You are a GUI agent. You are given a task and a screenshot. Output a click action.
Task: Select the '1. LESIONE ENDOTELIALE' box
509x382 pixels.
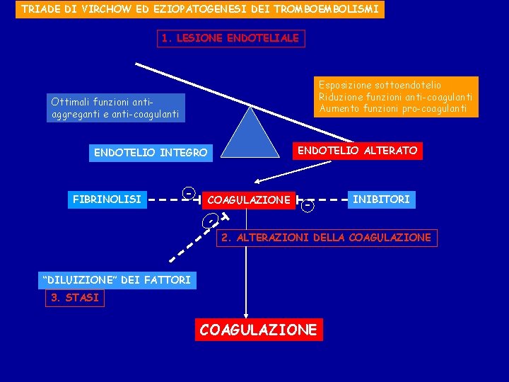230,38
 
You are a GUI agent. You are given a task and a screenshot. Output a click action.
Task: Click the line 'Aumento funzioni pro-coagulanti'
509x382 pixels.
392,108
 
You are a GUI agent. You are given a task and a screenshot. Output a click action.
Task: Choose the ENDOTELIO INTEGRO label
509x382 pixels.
151,153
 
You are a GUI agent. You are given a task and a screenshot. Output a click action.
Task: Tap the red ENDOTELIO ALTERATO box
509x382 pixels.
357,151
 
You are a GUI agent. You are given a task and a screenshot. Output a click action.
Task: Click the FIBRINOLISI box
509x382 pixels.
107,199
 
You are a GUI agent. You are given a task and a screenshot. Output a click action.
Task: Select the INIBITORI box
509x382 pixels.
381,199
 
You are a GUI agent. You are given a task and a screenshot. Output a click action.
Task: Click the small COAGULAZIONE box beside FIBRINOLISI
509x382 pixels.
248,200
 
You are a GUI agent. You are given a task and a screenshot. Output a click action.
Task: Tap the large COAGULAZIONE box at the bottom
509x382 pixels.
259,330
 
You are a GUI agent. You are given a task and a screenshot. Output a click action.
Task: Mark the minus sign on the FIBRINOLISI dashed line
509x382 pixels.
188,193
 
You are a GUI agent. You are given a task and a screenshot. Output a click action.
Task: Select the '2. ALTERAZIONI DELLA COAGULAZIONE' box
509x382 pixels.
326,238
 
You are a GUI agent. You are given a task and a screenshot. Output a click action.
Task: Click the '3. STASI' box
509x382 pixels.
74,298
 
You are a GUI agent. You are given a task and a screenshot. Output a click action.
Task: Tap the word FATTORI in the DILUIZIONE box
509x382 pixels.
166,279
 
